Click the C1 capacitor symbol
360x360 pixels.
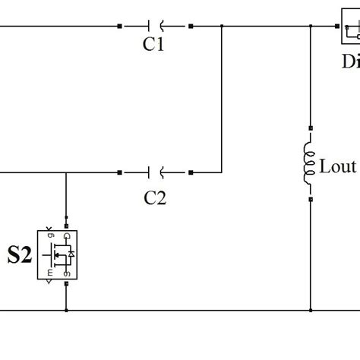point(155,26)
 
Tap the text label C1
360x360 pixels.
point(154,45)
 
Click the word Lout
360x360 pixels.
point(337,166)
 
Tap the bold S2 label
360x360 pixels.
point(20,255)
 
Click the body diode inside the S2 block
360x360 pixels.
point(71,253)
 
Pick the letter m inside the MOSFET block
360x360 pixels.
point(50,272)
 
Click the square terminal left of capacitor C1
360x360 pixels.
point(120,26)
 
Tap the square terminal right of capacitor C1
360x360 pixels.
point(191,26)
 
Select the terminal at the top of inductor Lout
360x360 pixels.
point(310,128)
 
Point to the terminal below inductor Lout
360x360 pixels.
point(310,200)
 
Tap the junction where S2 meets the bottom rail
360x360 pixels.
point(67,310)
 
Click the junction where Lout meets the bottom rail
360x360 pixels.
point(310,310)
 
